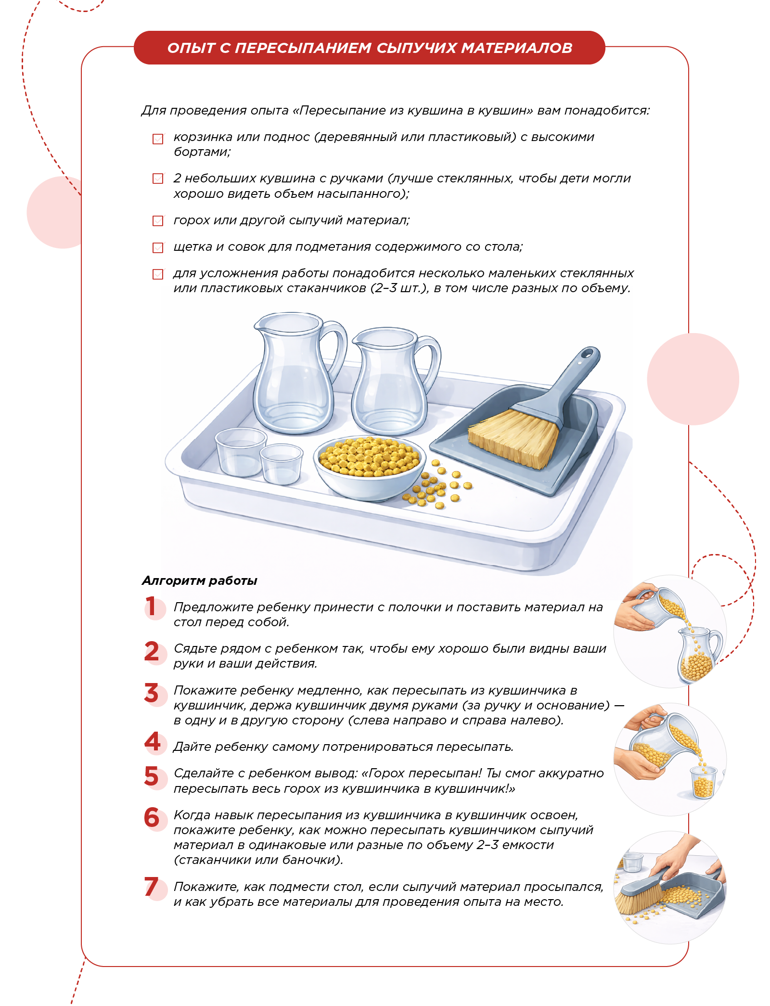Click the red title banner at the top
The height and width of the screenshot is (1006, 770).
(x=369, y=48)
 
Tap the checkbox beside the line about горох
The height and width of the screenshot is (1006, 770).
(x=158, y=221)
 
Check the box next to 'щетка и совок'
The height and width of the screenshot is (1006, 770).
(x=158, y=247)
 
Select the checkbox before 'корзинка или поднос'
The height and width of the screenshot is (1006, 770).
(x=158, y=139)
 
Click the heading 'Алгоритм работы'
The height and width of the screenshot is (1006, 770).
(x=200, y=580)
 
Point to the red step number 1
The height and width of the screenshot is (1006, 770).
(x=151, y=606)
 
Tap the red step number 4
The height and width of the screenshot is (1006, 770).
(x=153, y=742)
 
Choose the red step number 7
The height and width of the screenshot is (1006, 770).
(x=151, y=886)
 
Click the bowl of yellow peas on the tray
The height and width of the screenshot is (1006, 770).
(x=370, y=467)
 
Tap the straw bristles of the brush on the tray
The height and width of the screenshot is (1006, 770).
(x=513, y=438)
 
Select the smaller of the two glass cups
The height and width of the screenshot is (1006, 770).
(x=281, y=464)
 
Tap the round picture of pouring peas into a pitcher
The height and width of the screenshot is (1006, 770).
(x=670, y=632)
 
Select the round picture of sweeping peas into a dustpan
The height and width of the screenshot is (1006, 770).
(x=670, y=887)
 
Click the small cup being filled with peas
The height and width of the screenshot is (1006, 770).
(x=703, y=782)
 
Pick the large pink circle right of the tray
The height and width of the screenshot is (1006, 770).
(x=693, y=379)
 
